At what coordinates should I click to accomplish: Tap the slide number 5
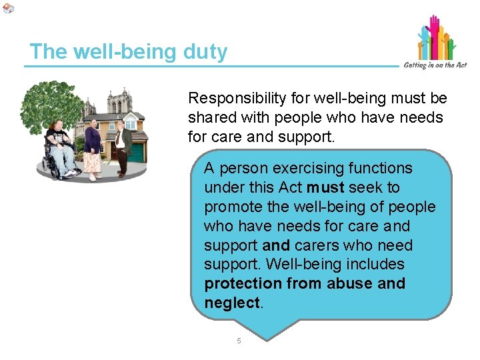[x=239, y=341]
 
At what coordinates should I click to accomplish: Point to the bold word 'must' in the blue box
[x=325, y=188]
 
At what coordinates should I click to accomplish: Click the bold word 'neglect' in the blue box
[x=233, y=303]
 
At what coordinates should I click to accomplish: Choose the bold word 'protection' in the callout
[x=243, y=284]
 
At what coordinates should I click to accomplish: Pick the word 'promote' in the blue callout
[x=232, y=207]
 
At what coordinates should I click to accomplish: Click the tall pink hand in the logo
[x=434, y=33]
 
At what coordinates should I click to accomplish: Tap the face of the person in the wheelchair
[x=58, y=127]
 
